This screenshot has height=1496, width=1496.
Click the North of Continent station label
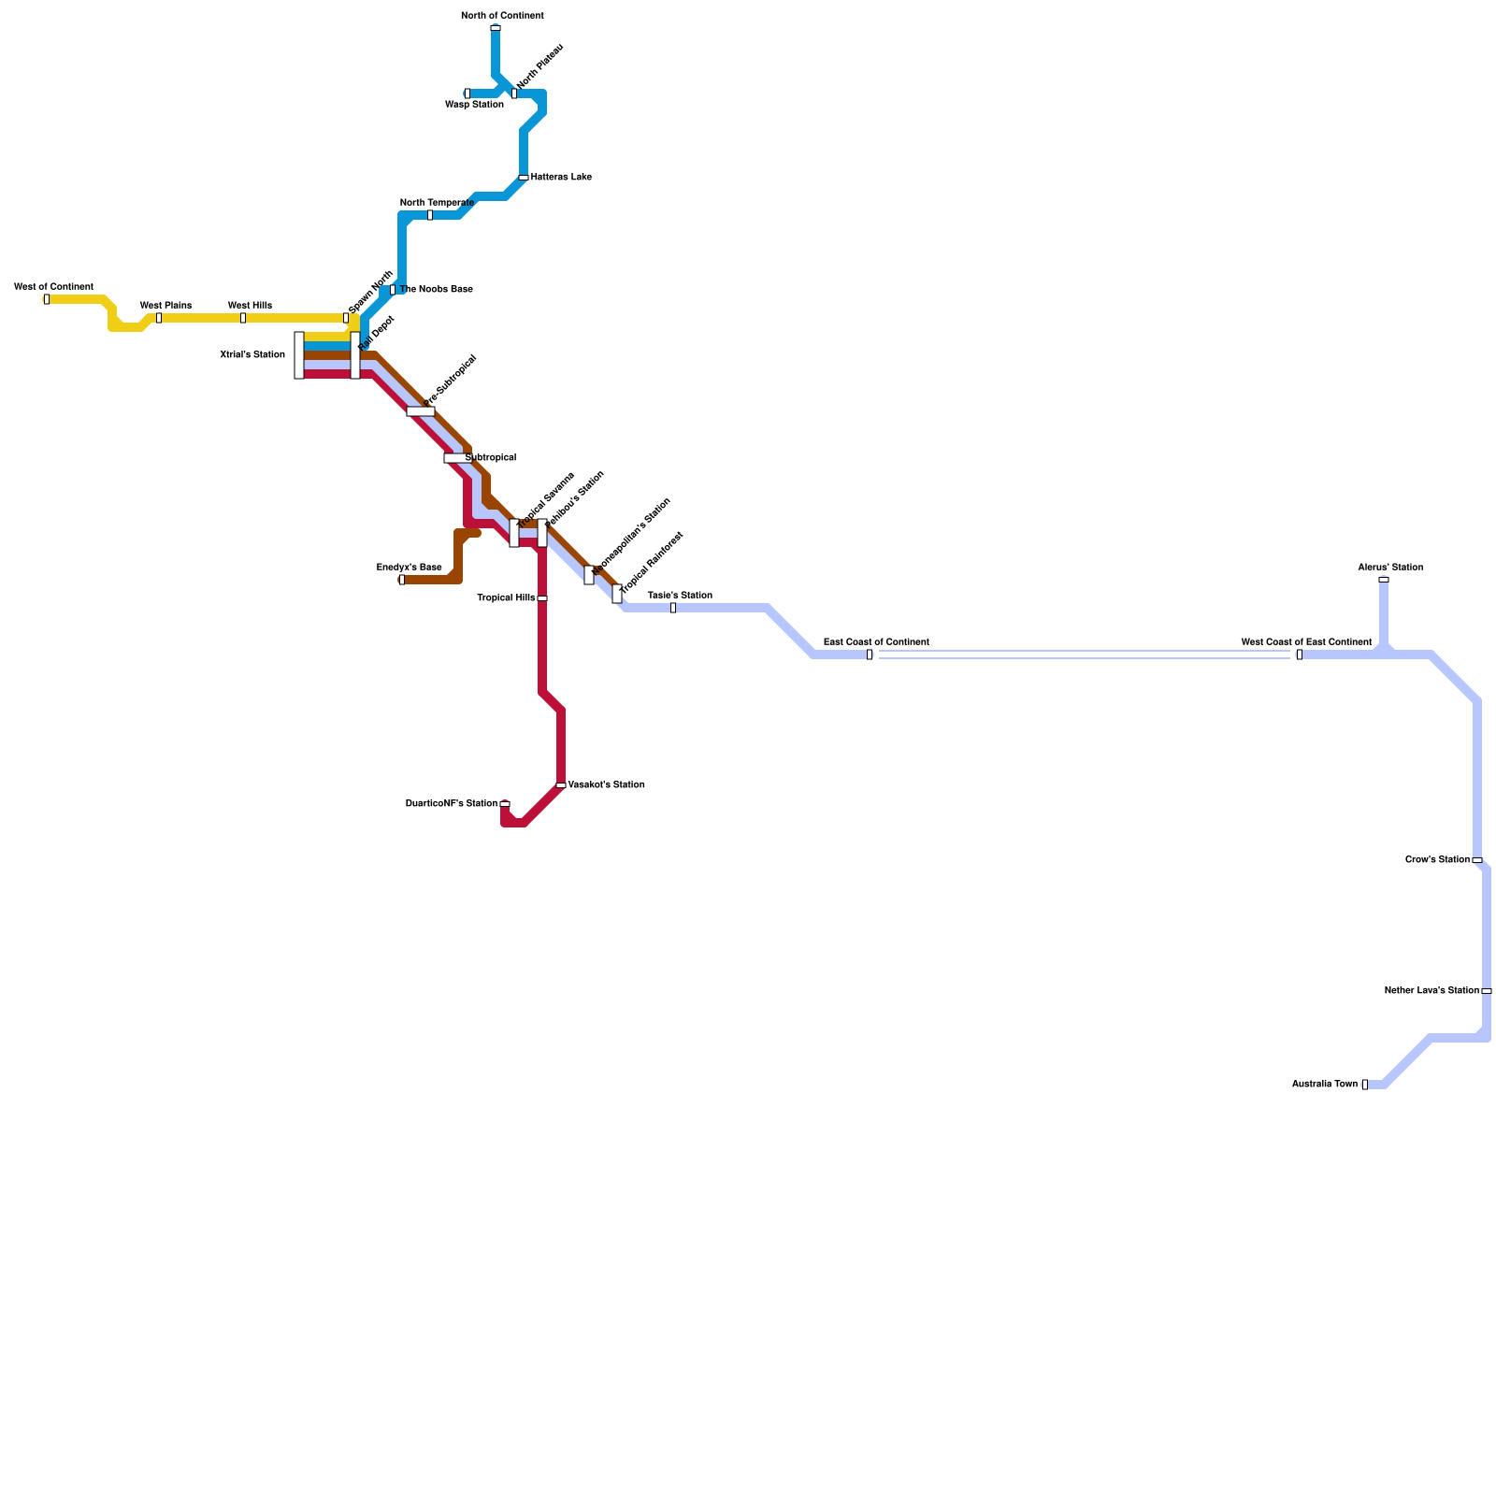click(502, 16)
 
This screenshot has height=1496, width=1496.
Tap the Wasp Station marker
click(467, 93)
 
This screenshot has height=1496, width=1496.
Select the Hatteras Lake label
click(560, 177)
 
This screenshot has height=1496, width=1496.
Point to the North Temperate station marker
click(430, 215)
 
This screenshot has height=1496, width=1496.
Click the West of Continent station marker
click(47, 299)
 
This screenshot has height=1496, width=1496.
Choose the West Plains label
click(165, 305)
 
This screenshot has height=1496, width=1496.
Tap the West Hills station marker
click(243, 318)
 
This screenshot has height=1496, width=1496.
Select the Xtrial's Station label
click(252, 354)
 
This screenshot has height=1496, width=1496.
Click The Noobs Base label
click(436, 289)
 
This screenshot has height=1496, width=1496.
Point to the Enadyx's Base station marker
click(402, 580)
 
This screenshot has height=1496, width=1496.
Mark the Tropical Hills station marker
click(542, 598)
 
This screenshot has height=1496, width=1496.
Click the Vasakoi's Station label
click(606, 784)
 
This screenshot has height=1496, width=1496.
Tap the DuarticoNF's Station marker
click(505, 804)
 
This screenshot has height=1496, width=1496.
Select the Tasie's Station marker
click(673, 608)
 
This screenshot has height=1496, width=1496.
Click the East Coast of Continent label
click(876, 642)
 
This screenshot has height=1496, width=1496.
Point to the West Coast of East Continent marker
click(1300, 654)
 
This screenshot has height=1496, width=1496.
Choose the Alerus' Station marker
click(1384, 580)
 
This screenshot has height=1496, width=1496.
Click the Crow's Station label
click(1437, 859)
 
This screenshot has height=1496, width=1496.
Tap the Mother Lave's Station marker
click(1487, 991)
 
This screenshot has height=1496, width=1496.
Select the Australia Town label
click(1324, 1084)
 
